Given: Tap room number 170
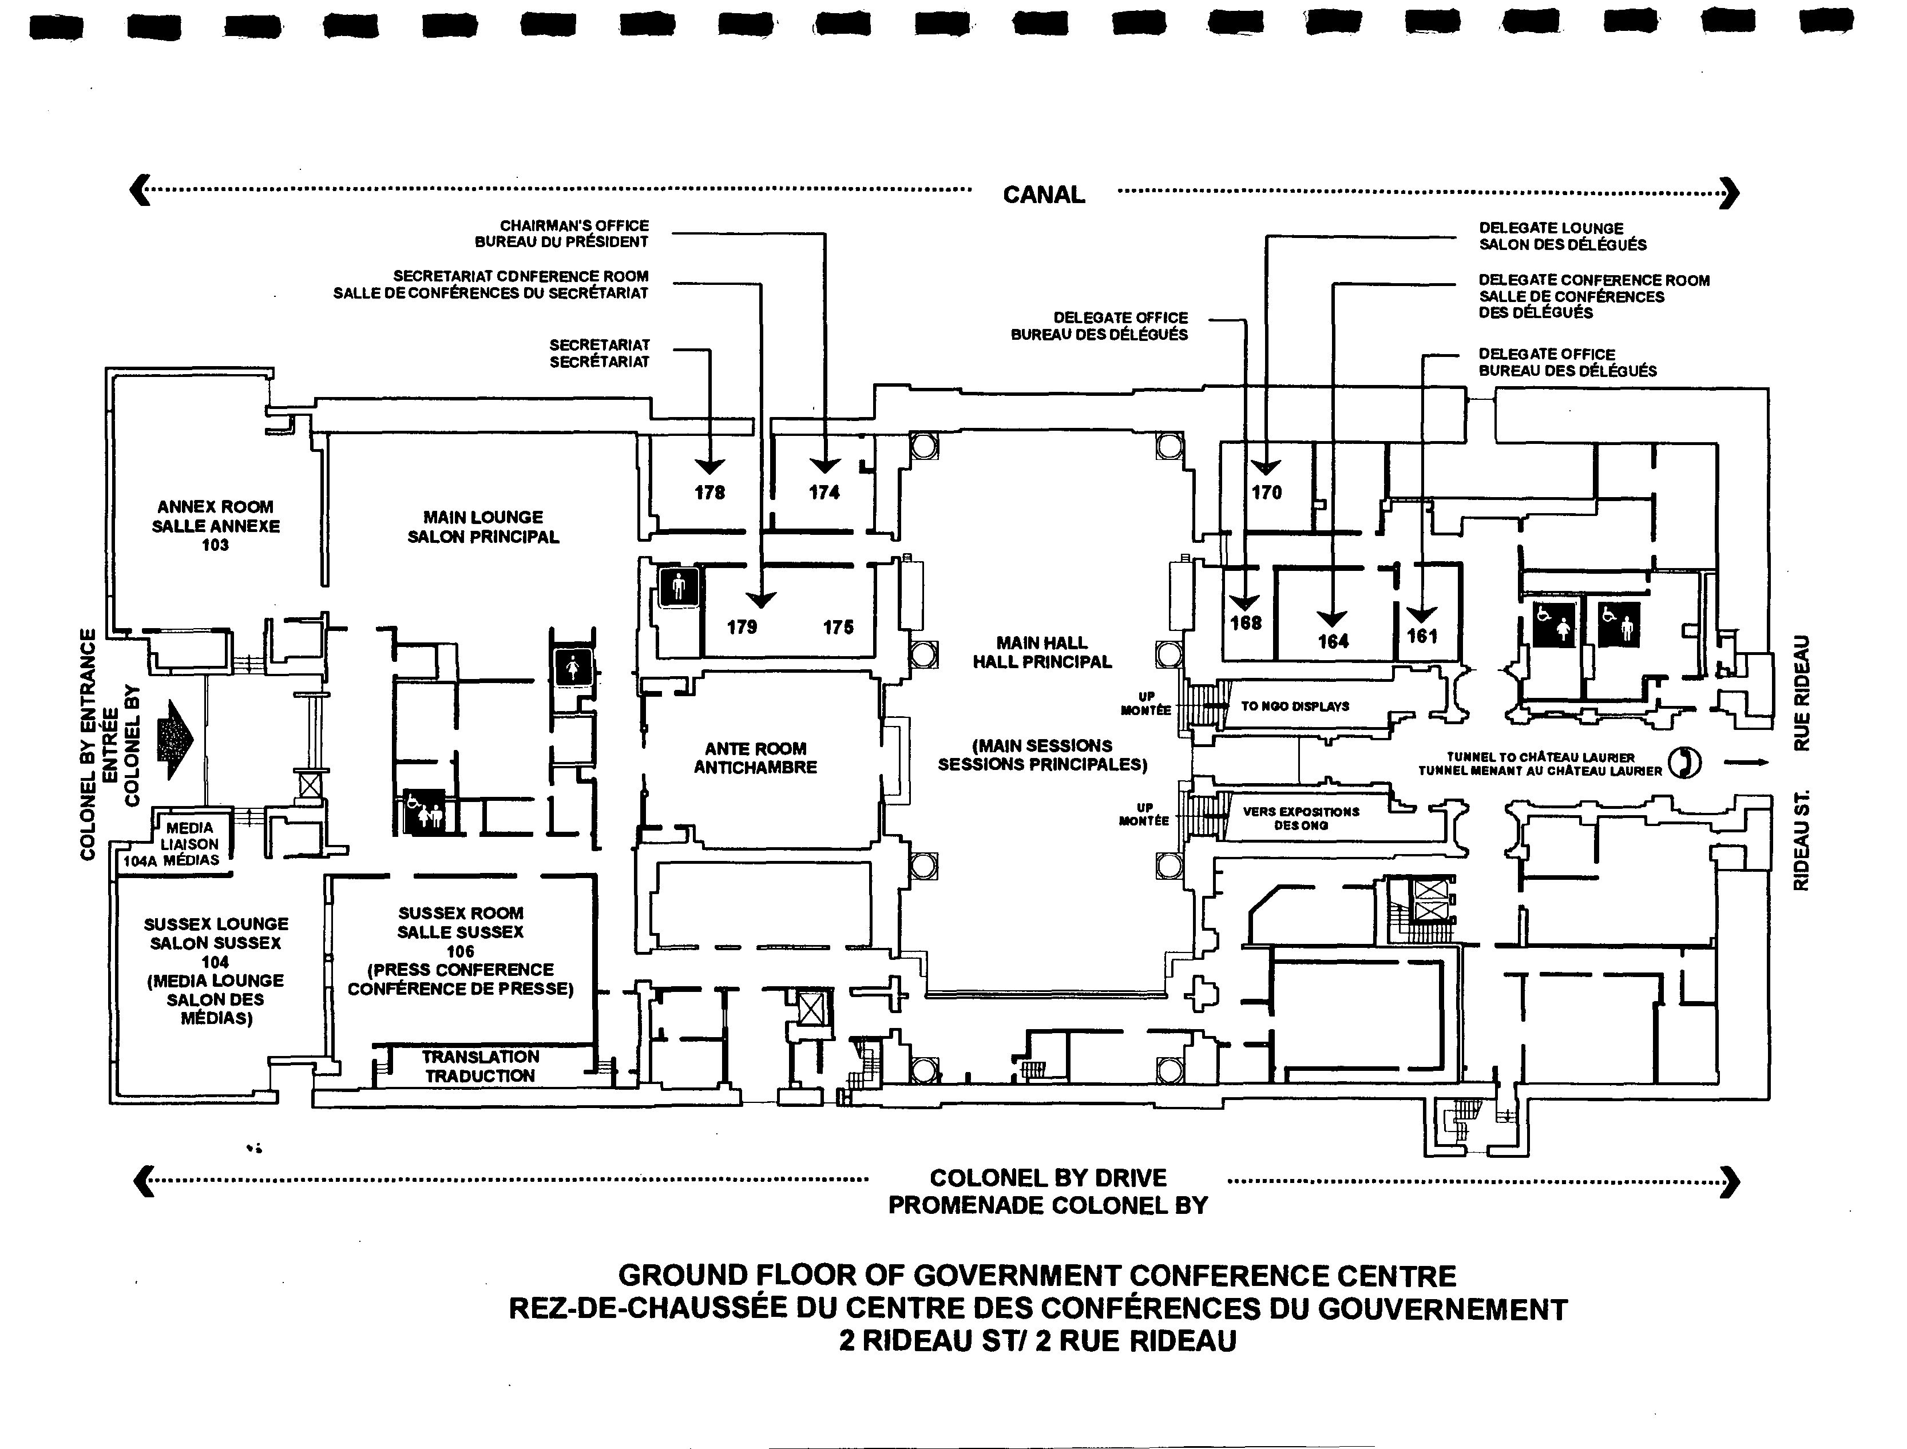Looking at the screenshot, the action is pyautogui.click(x=1266, y=493).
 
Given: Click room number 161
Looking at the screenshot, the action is pyautogui.click(x=1422, y=637).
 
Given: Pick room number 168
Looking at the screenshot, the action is pyautogui.click(x=1246, y=623).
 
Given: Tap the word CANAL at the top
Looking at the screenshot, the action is pyautogui.click(x=1044, y=195).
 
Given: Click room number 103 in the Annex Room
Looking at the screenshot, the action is pyautogui.click(x=215, y=545).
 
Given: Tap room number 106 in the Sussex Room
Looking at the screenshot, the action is pyautogui.click(x=461, y=951).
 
